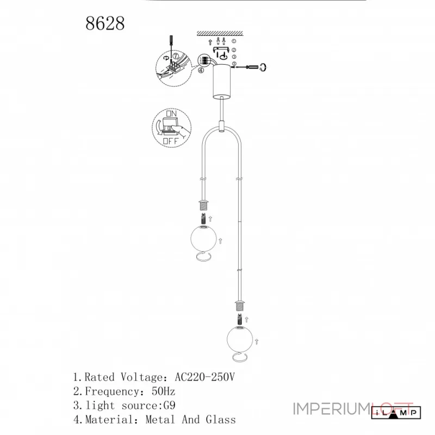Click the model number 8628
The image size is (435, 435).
coord(105,23)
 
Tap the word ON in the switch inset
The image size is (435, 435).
coord(171,114)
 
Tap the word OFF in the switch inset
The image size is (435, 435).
coord(170,141)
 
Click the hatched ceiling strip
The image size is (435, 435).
coord(220,34)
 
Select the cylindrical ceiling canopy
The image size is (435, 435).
coord(222,82)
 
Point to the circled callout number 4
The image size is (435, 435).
coord(201,71)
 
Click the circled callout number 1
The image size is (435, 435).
coord(234,41)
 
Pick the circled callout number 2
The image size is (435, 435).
coord(234,50)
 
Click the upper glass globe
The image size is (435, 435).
coord(203,238)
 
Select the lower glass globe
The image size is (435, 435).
coord(240,339)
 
